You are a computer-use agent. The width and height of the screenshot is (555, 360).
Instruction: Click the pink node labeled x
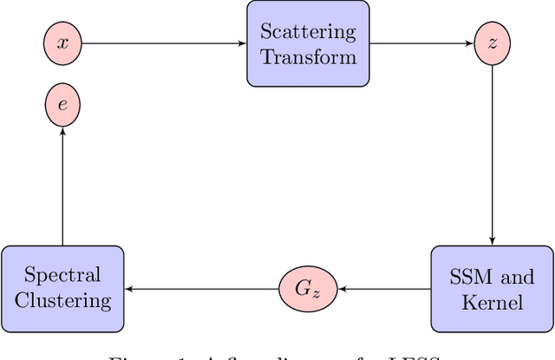(62, 43)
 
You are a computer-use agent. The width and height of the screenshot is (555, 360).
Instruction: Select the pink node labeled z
(493, 43)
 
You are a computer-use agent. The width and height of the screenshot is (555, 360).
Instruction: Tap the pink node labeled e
(62, 106)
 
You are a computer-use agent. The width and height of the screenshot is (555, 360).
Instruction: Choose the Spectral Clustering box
(62, 289)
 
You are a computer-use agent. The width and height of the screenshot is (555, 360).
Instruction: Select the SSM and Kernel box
(493, 289)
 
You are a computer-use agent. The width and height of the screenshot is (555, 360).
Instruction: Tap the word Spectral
(62, 277)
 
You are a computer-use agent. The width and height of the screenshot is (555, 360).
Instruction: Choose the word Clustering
(62, 301)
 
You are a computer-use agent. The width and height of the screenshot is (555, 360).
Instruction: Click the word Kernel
(493, 302)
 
